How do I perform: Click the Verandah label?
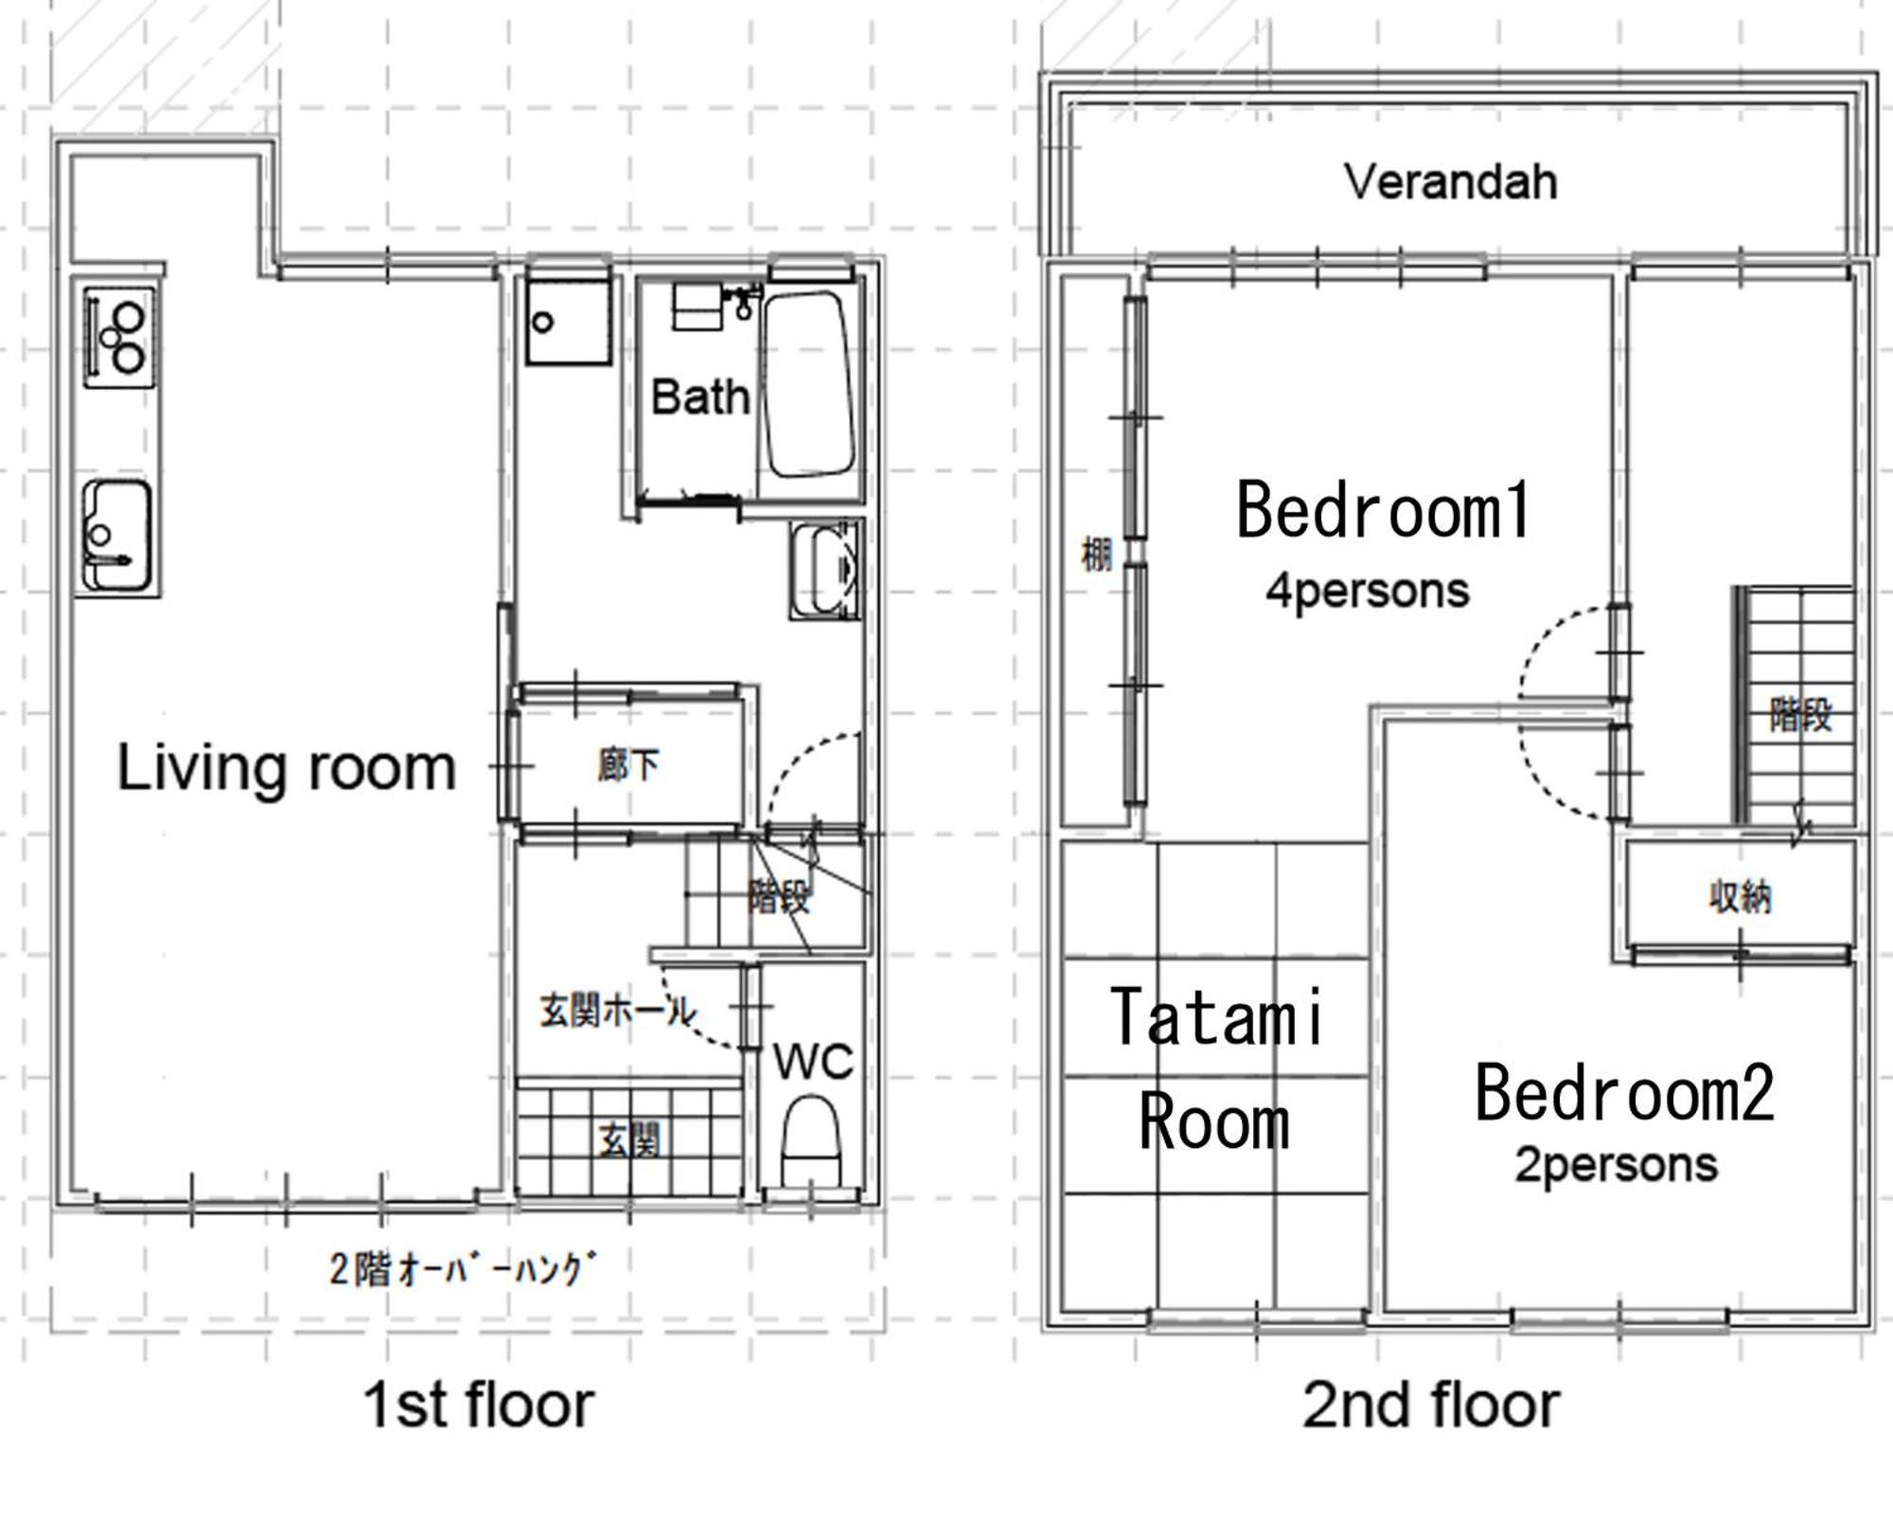point(1450,181)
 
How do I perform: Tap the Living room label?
point(287,768)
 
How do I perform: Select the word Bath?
point(699,397)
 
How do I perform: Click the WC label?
point(813,1061)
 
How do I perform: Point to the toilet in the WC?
point(811,1139)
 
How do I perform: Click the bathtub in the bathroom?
point(810,383)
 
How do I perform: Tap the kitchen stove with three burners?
point(119,337)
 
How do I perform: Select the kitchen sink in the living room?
point(117,537)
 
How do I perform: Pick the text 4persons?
point(1368,591)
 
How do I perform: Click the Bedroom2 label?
point(1624,1093)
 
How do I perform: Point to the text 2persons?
point(1616,1165)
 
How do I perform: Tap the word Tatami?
point(1217,1017)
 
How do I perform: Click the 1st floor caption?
point(479,1404)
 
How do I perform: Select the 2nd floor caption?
point(1431,1404)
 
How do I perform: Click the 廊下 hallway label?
point(628,766)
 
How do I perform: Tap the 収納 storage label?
point(1740,896)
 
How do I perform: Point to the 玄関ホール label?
point(618,1012)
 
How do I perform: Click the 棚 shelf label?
point(1096,555)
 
